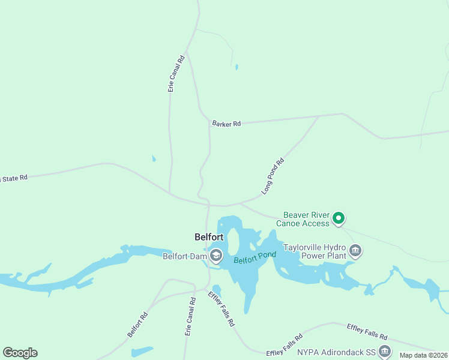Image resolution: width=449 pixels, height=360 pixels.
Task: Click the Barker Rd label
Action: tap(226, 124)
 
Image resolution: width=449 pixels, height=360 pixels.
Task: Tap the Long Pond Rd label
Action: tap(273, 176)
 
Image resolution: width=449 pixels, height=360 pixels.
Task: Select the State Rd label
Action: tap(14, 178)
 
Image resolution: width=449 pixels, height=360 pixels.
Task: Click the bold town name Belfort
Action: tap(209, 236)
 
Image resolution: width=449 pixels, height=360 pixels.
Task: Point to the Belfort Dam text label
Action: tap(185, 256)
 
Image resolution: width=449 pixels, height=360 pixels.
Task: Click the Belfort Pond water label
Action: tap(255, 258)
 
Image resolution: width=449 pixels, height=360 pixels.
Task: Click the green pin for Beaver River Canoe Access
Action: tap(339, 218)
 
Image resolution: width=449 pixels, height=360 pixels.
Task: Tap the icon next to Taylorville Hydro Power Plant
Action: tap(355, 250)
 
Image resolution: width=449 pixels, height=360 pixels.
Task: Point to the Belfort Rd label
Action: tap(137, 325)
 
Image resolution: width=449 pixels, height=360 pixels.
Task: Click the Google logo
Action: tap(20, 353)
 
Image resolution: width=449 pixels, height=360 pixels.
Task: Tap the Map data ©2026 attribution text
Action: tap(424, 355)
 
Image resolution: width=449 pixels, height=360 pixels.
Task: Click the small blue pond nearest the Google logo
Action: tap(142, 351)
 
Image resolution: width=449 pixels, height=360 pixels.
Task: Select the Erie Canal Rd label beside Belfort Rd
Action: tap(190, 317)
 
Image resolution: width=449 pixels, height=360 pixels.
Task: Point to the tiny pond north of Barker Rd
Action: tap(237, 67)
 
